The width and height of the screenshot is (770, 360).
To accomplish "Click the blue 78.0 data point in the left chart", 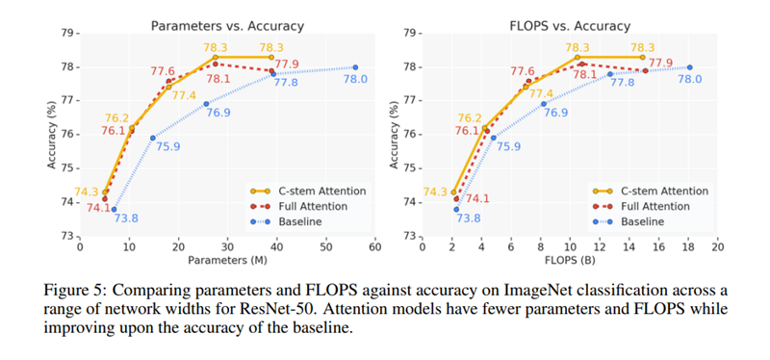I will (355, 67).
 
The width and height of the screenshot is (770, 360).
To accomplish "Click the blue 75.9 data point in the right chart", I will (493, 138).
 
